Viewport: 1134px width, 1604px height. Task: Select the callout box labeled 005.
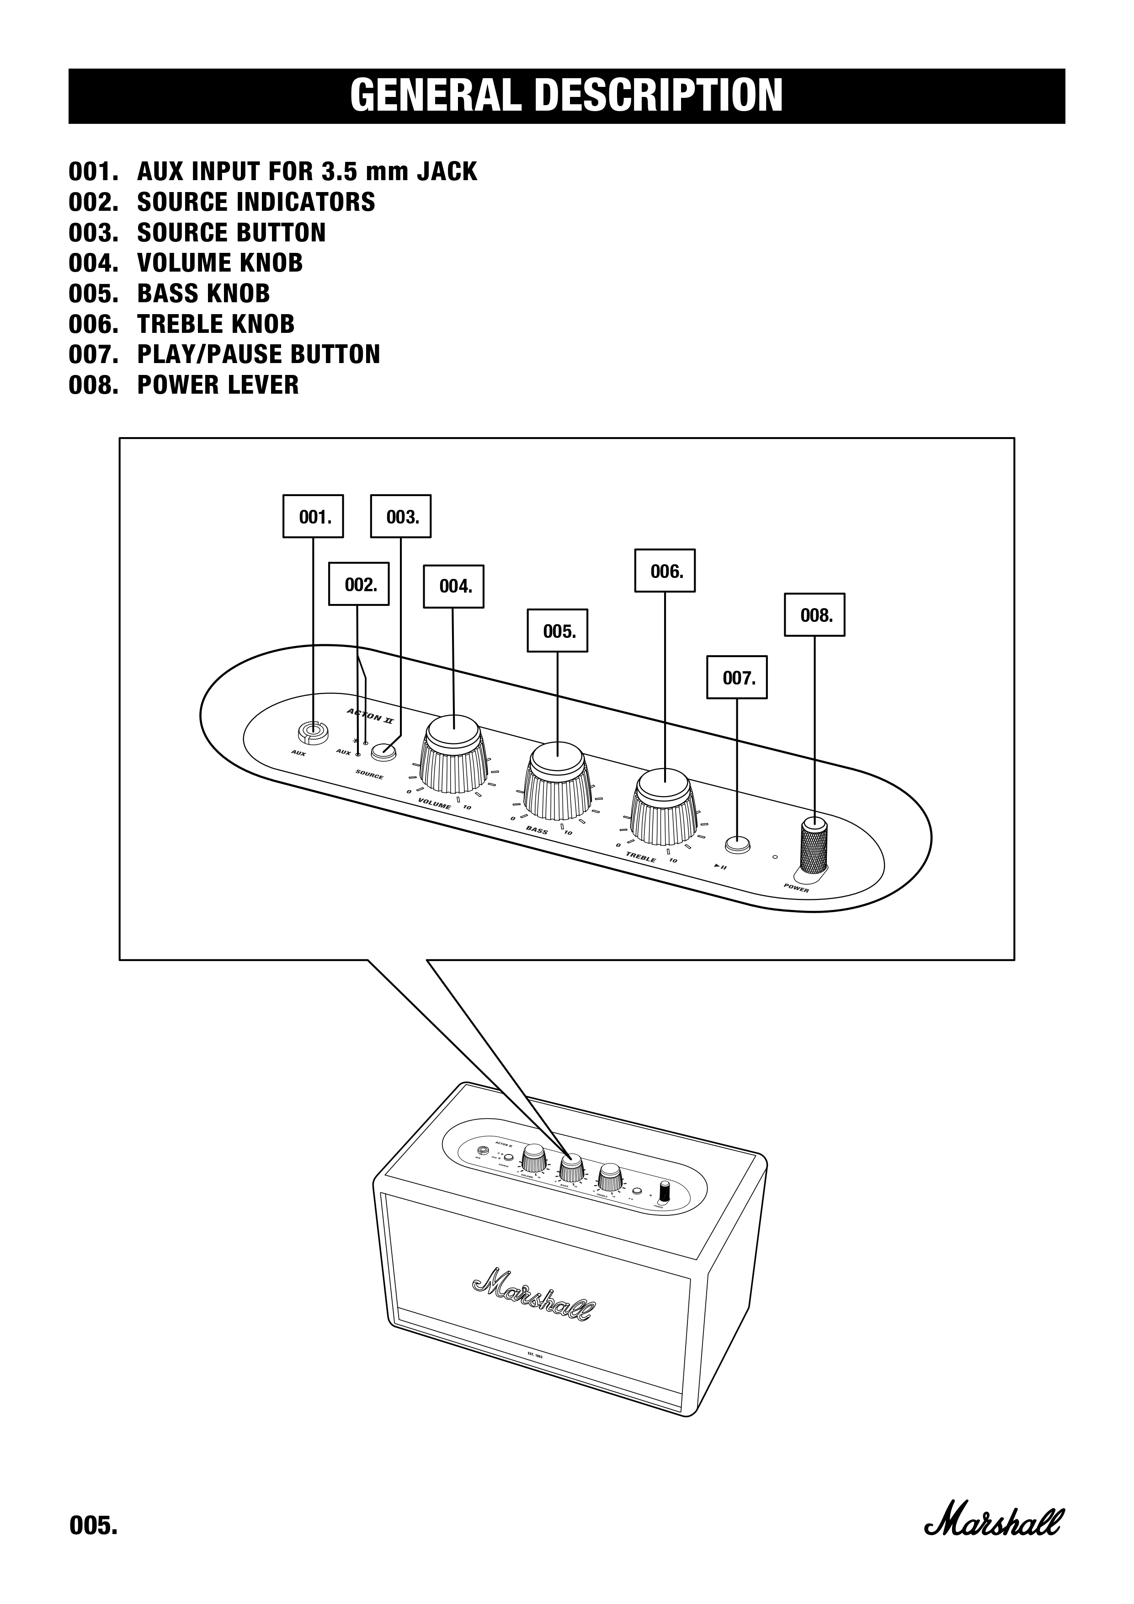coord(557,631)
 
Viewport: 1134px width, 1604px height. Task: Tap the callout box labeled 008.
coord(814,615)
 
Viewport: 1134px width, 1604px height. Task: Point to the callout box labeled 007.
coord(737,677)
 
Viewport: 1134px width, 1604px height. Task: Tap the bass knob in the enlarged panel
coord(557,781)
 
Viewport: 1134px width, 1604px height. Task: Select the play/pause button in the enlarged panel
coord(737,845)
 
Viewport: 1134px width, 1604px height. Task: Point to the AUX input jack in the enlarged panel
coord(312,732)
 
